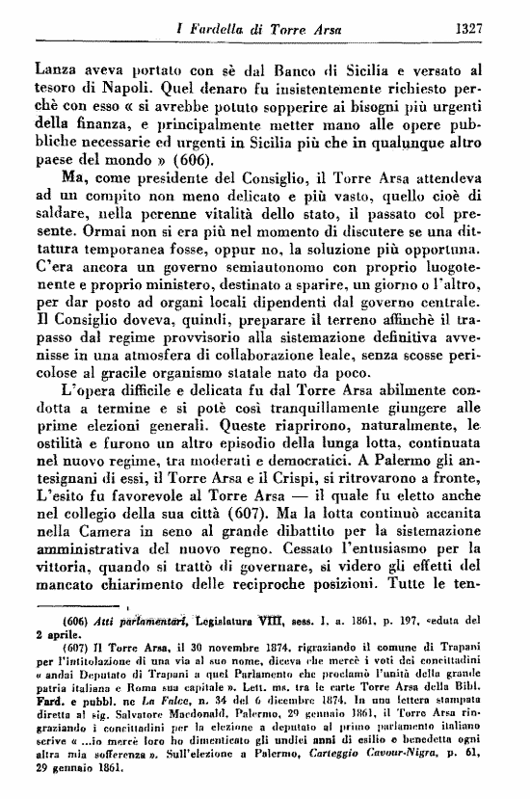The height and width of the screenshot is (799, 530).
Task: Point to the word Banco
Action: pyautogui.click(x=248, y=69)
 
